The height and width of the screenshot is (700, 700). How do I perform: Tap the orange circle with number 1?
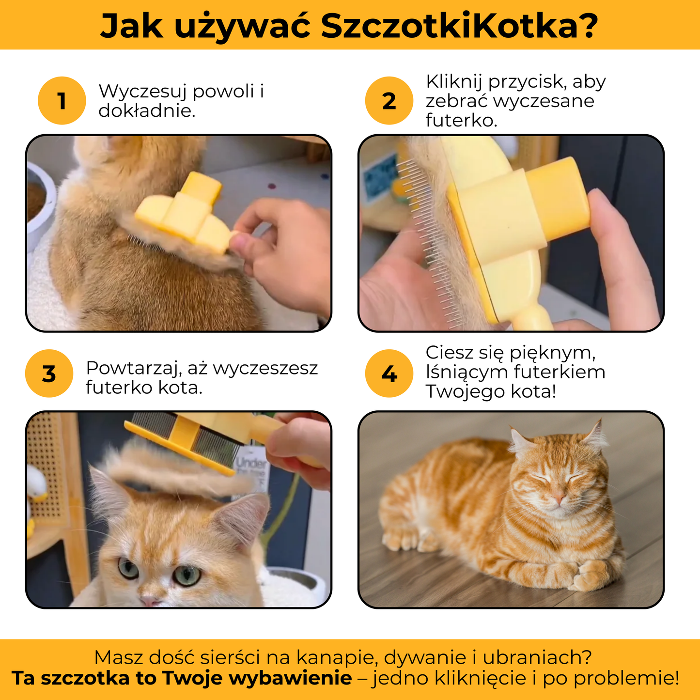[x=62, y=101]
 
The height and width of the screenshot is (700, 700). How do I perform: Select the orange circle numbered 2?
[x=389, y=101]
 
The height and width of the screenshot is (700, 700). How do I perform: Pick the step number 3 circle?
[x=49, y=373]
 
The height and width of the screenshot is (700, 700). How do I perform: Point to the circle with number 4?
[x=389, y=373]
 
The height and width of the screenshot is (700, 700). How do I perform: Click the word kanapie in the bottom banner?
[x=336, y=657]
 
